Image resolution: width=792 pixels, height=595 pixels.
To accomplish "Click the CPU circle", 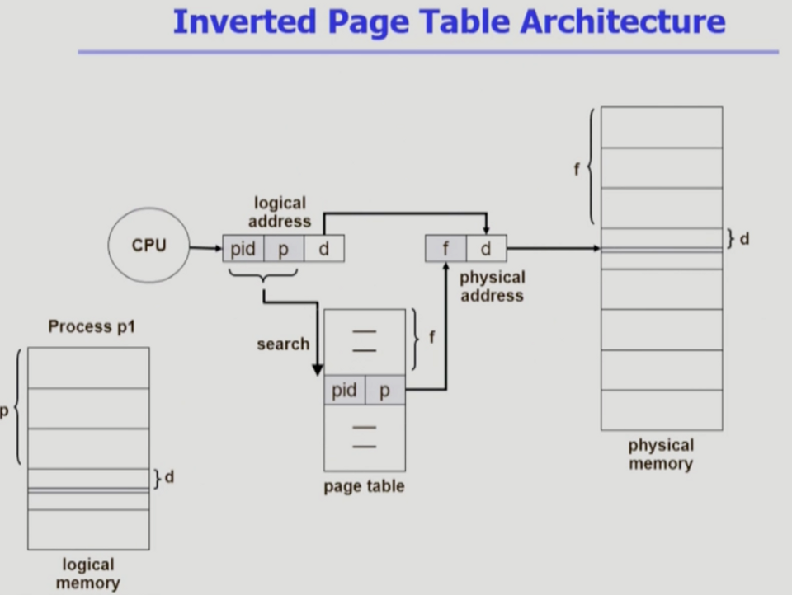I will coord(148,246).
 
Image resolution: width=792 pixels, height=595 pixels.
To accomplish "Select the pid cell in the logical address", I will coord(243,249).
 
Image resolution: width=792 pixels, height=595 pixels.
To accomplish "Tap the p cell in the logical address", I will coord(284,249).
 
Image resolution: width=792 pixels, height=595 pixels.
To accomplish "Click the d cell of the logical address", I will coord(323,249).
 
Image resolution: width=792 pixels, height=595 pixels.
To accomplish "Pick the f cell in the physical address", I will coord(445,249).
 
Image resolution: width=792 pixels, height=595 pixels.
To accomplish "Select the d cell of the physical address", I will coord(486,249).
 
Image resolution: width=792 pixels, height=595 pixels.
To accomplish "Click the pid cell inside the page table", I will coord(344,391).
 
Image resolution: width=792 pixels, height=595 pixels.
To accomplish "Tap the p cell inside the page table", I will coord(384,391).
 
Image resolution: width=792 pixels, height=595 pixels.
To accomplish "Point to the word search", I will coord(283,344).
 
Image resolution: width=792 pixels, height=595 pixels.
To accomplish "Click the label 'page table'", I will coord(364,486).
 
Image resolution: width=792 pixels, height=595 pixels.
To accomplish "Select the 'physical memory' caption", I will coord(661,454).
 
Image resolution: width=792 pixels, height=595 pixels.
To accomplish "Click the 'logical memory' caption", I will coord(87,574).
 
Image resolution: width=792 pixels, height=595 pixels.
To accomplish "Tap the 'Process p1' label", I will coord(92,326).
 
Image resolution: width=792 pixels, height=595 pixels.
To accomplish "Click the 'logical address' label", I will coord(280,212).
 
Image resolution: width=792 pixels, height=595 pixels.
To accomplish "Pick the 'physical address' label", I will coord(492,286).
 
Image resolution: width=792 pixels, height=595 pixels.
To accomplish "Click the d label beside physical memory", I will coord(744,239).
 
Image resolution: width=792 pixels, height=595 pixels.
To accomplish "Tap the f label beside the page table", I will coord(431,338).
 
